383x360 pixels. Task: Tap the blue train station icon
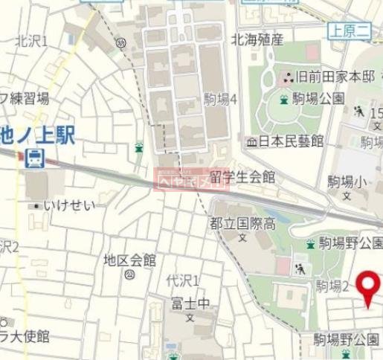(34, 157)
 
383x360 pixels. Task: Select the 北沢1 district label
(31, 41)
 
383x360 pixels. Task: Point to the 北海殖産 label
(257, 40)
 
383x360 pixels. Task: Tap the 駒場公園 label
(319, 97)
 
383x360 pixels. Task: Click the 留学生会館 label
(242, 177)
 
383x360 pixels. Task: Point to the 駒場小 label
(344, 181)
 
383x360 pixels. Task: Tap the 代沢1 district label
(182, 280)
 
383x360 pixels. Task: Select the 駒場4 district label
(220, 97)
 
